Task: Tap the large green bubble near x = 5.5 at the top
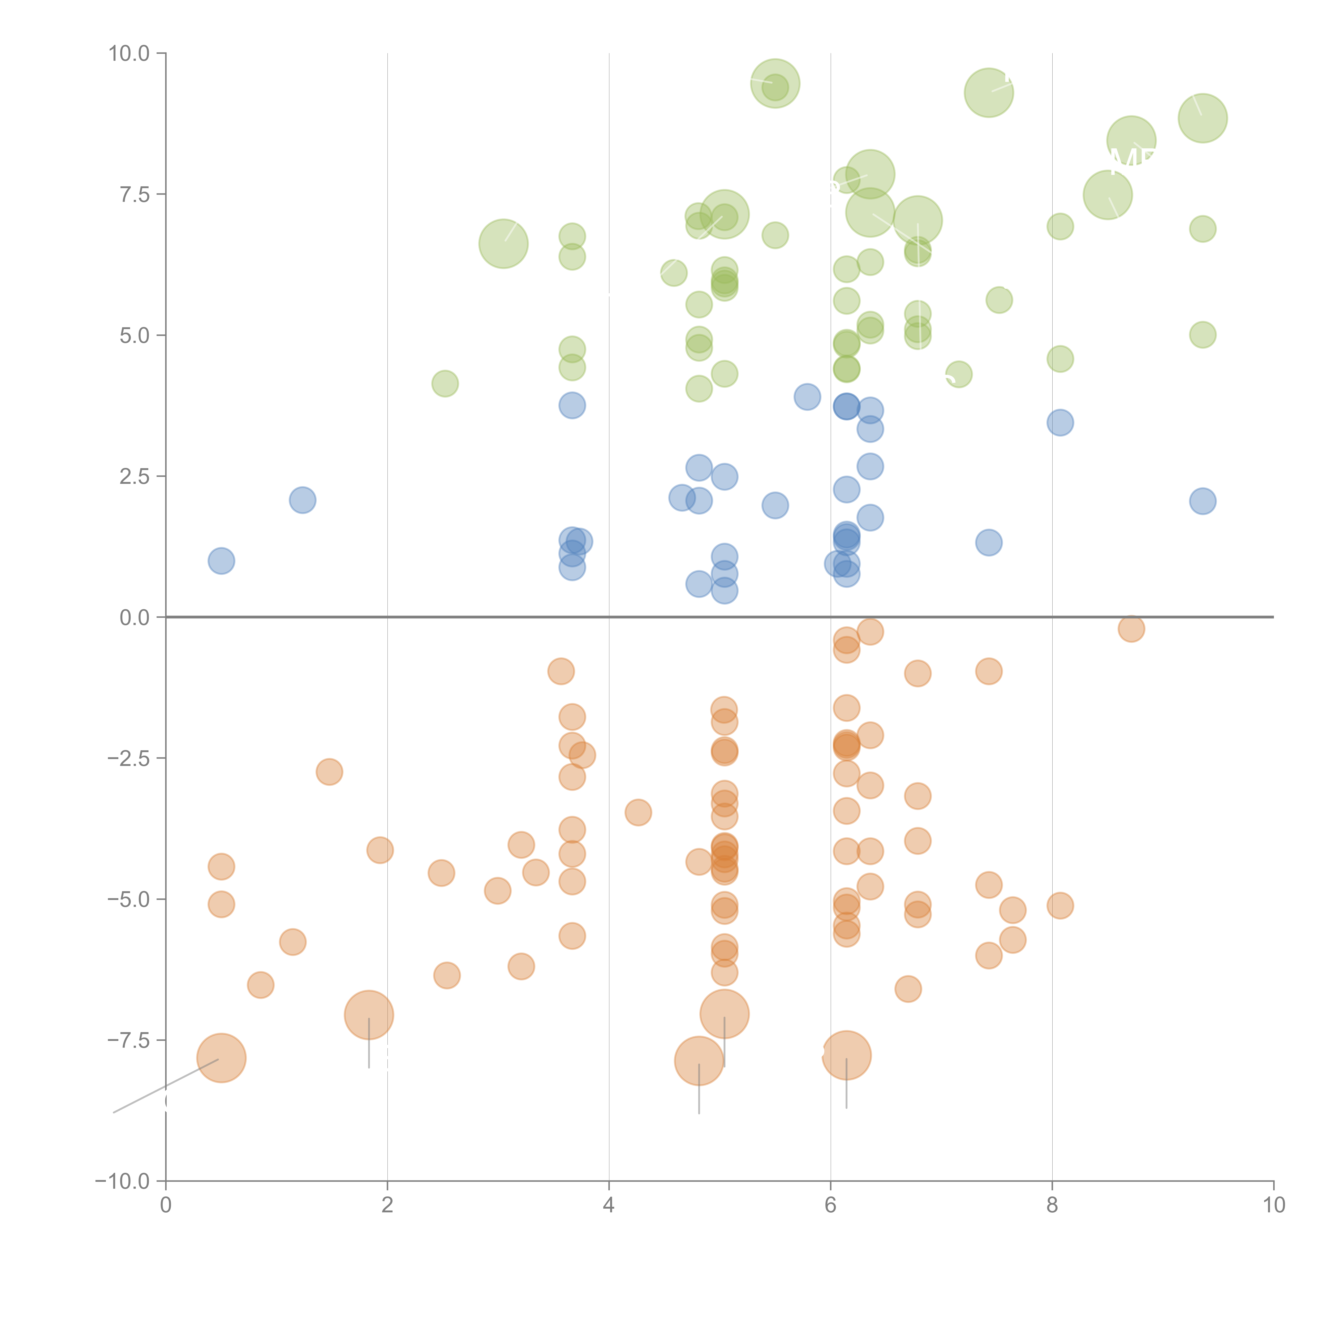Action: pos(775,83)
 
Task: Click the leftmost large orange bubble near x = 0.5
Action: pos(221,1058)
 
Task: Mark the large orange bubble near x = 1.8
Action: pos(369,1015)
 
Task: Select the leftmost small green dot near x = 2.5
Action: pos(445,383)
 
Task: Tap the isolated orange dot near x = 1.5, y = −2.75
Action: pos(330,772)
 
